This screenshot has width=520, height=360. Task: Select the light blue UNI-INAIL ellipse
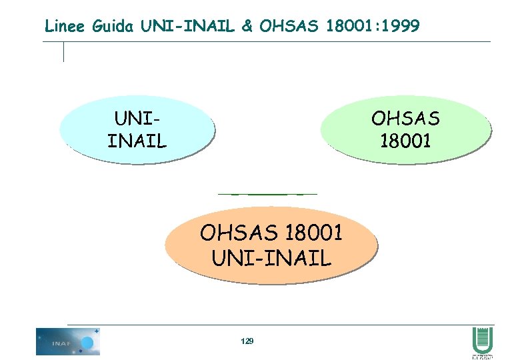point(136,130)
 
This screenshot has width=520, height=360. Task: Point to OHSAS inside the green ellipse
point(405,119)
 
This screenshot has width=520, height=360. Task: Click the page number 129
point(247,341)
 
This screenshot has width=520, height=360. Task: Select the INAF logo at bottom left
point(67,341)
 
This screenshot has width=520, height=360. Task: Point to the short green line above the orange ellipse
point(267,194)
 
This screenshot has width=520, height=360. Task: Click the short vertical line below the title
point(63,51)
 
